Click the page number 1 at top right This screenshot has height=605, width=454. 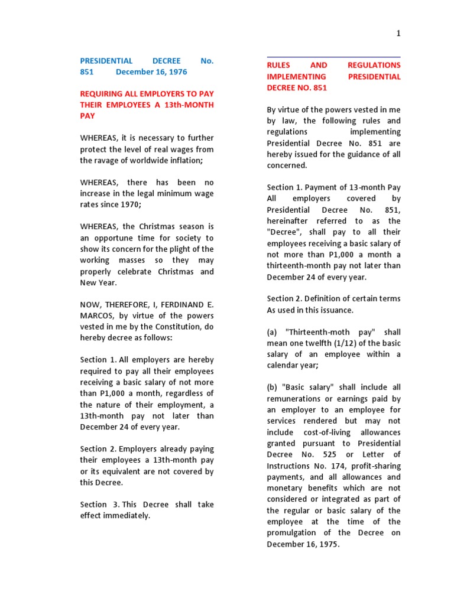(398, 34)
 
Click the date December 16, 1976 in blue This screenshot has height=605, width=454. (151, 72)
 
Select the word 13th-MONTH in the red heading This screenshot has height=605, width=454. (190, 105)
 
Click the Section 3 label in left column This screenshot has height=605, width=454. (96, 505)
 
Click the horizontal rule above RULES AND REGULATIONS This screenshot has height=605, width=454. (333, 57)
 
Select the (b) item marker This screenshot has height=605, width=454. (273, 388)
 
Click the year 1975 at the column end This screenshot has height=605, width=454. (328, 544)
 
